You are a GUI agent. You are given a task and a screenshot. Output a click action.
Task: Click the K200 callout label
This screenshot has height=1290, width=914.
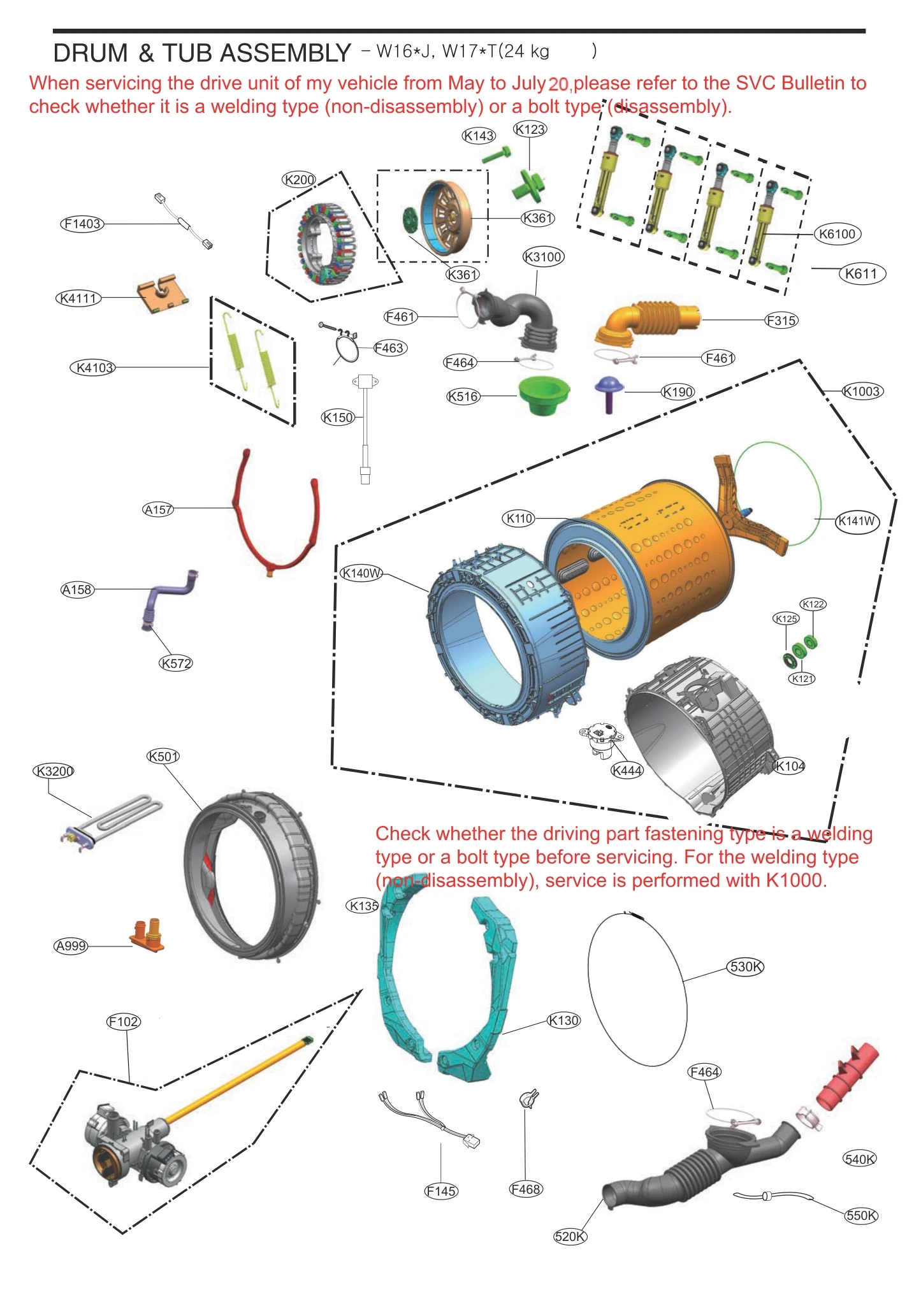(299, 180)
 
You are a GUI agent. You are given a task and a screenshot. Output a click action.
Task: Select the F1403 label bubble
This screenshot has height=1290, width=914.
(82, 224)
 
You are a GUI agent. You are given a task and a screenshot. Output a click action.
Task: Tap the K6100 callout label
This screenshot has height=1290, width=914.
(837, 234)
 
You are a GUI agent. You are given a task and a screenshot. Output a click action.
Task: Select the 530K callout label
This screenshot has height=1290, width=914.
(745, 966)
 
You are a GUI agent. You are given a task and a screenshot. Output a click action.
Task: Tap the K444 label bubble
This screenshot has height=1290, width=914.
(627, 771)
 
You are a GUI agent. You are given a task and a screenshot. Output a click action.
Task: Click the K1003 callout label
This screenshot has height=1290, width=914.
(862, 391)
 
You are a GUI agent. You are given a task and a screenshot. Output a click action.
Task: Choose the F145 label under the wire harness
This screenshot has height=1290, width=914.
(441, 1191)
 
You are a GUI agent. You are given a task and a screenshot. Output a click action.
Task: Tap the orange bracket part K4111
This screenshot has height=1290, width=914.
(162, 294)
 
